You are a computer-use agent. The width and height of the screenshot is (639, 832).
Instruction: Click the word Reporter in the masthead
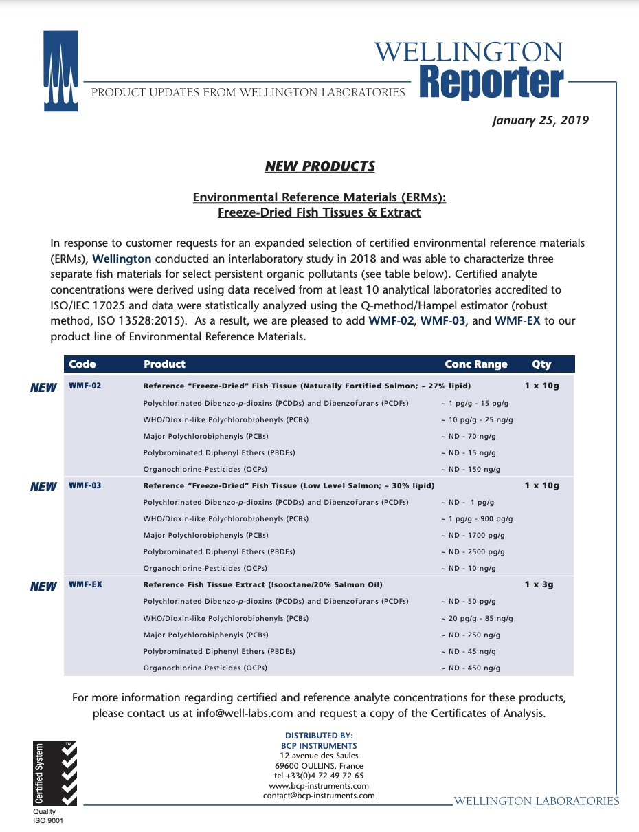(491, 83)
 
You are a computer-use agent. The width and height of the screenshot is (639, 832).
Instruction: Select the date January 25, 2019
(540, 120)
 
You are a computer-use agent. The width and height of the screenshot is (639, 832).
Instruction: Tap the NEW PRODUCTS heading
(319, 166)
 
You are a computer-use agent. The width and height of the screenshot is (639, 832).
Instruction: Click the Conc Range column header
(475, 364)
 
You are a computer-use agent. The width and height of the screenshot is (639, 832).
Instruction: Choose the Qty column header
(541, 364)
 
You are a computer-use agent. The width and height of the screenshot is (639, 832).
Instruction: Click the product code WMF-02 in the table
(85, 386)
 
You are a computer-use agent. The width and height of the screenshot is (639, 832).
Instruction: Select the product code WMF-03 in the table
(85, 485)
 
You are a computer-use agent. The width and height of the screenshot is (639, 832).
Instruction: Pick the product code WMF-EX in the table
(85, 584)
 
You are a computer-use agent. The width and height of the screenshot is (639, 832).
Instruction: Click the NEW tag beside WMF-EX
(43, 587)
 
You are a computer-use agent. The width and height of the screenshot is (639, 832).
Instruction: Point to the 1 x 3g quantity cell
(539, 584)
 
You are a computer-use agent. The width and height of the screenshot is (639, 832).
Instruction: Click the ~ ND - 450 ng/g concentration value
(471, 668)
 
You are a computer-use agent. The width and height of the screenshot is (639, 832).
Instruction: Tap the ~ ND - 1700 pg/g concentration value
(473, 535)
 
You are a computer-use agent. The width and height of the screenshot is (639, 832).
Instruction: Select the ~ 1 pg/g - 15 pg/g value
(474, 403)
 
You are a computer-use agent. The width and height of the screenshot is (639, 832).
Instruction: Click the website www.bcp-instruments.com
(319, 786)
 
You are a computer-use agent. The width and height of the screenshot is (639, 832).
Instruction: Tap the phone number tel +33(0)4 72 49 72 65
(319, 776)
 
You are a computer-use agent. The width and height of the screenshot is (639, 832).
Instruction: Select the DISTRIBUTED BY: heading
(319, 736)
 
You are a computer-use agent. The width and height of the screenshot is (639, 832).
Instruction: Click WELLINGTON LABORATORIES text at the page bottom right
(537, 801)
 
